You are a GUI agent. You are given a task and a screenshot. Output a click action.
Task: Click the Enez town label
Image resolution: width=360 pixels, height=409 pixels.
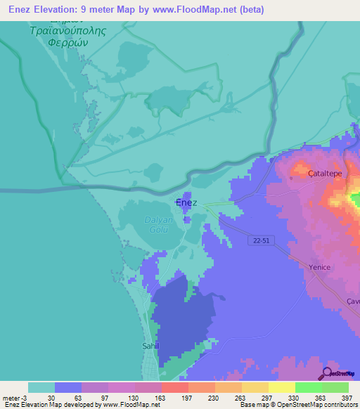186,202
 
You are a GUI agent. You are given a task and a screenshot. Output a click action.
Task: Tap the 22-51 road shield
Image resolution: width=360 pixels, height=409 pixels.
260,240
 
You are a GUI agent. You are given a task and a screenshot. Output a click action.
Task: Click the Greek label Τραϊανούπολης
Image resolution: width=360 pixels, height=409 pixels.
62,32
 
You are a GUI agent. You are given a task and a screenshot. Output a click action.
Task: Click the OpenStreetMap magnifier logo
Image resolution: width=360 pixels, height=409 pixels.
327,373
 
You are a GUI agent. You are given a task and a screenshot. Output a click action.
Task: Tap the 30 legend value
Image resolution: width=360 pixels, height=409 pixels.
51,398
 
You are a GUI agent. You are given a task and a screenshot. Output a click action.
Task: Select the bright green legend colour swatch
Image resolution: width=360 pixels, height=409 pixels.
309,387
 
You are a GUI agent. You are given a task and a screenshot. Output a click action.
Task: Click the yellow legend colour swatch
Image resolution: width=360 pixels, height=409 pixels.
281,387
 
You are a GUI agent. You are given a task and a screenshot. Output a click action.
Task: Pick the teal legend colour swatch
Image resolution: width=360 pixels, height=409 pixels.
41,387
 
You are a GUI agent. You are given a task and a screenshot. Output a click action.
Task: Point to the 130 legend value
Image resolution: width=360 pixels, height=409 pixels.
120,398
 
